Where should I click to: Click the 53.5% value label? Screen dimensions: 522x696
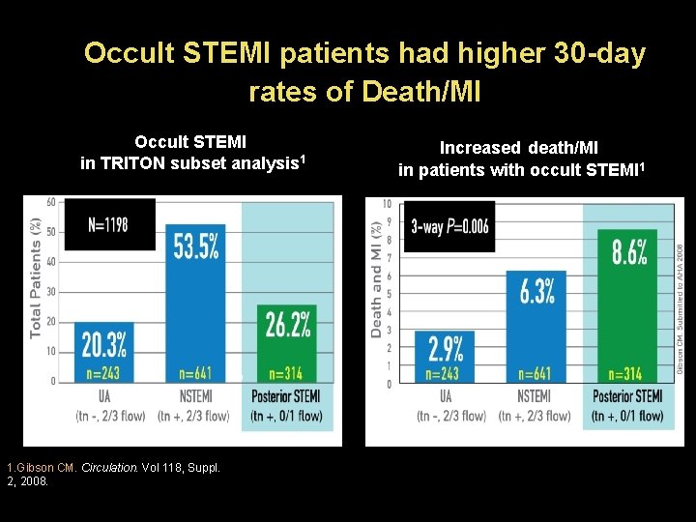196,246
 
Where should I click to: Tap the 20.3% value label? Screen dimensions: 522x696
102,344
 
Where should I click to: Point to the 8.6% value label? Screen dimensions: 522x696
630,253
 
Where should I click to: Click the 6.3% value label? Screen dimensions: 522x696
536,290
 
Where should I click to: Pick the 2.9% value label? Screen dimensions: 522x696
445,348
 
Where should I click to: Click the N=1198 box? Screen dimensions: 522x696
108,224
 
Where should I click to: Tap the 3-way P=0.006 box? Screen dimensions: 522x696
449,227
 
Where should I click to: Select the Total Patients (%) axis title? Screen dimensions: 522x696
36,278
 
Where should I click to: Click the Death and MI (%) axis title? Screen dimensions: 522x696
376,278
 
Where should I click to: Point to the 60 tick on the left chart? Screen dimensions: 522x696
50,202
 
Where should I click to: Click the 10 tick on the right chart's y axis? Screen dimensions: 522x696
387,204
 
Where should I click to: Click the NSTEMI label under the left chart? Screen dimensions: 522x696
196,396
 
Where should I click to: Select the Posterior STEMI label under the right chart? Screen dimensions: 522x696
626,396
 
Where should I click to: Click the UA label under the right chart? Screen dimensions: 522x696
446,396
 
